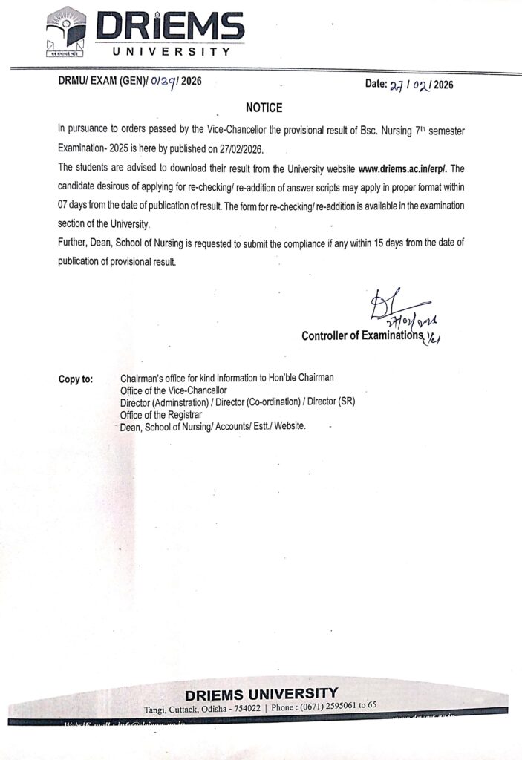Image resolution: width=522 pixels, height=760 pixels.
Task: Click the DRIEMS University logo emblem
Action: pyautogui.click(x=65, y=33)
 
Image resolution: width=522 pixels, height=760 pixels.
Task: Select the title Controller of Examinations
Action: pyautogui.click(x=361, y=336)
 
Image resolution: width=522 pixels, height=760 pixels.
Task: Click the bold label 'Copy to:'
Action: pyautogui.click(x=76, y=379)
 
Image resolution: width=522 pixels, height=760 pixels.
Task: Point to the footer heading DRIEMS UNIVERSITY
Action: pyautogui.click(x=261, y=694)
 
